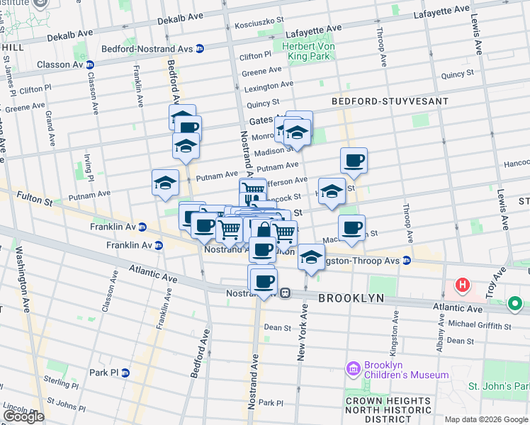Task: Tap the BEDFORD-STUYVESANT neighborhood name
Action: pos(390,101)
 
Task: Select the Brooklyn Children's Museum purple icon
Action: pos(353,369)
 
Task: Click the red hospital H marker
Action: pos(463,285)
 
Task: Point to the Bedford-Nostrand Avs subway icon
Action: pos(200,48)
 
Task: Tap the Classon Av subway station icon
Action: pos(90,64)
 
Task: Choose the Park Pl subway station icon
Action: pos(125,373)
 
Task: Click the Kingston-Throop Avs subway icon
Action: pos(407,260)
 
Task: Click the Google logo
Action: pos(23,416)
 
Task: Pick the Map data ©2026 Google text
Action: pos(485,419)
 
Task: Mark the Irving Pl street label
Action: pos(87,168)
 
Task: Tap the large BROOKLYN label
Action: pos(351,299)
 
